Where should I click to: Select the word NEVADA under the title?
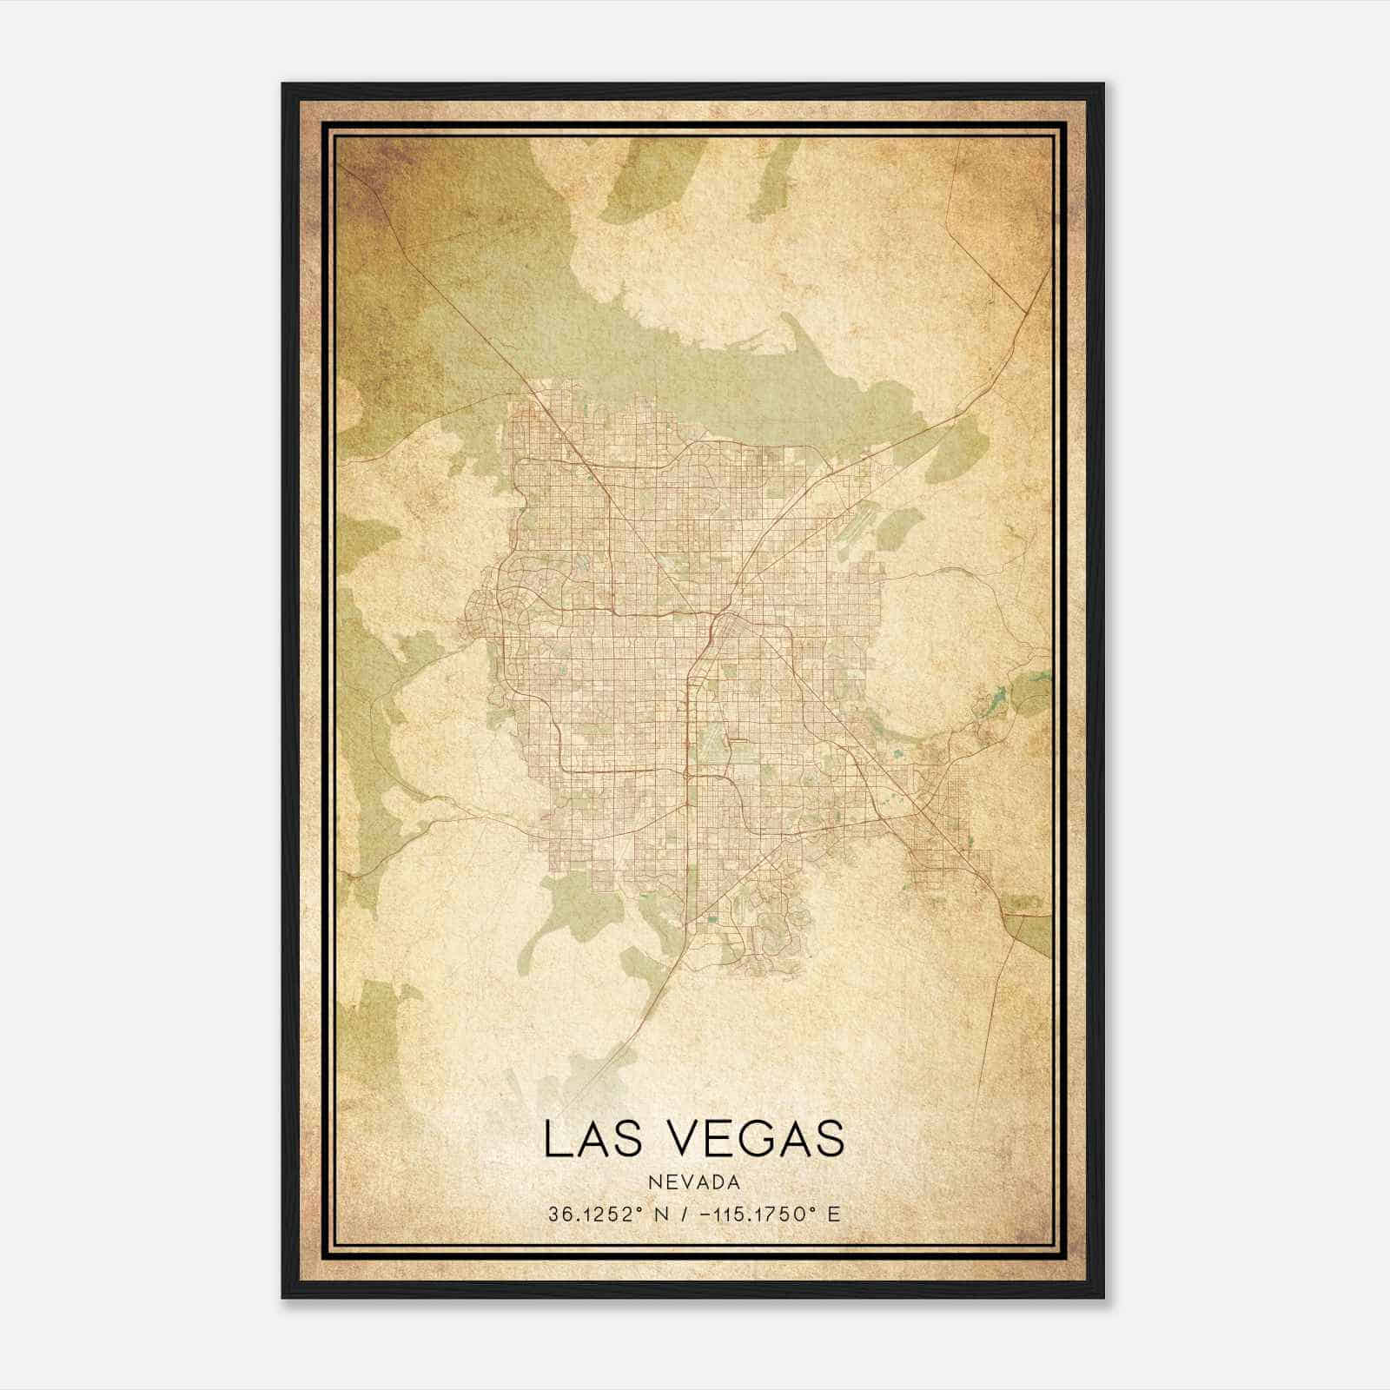pos(693,1182)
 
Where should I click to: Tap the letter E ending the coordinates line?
pos(834,1215)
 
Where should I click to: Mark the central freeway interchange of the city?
pos(714,619)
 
